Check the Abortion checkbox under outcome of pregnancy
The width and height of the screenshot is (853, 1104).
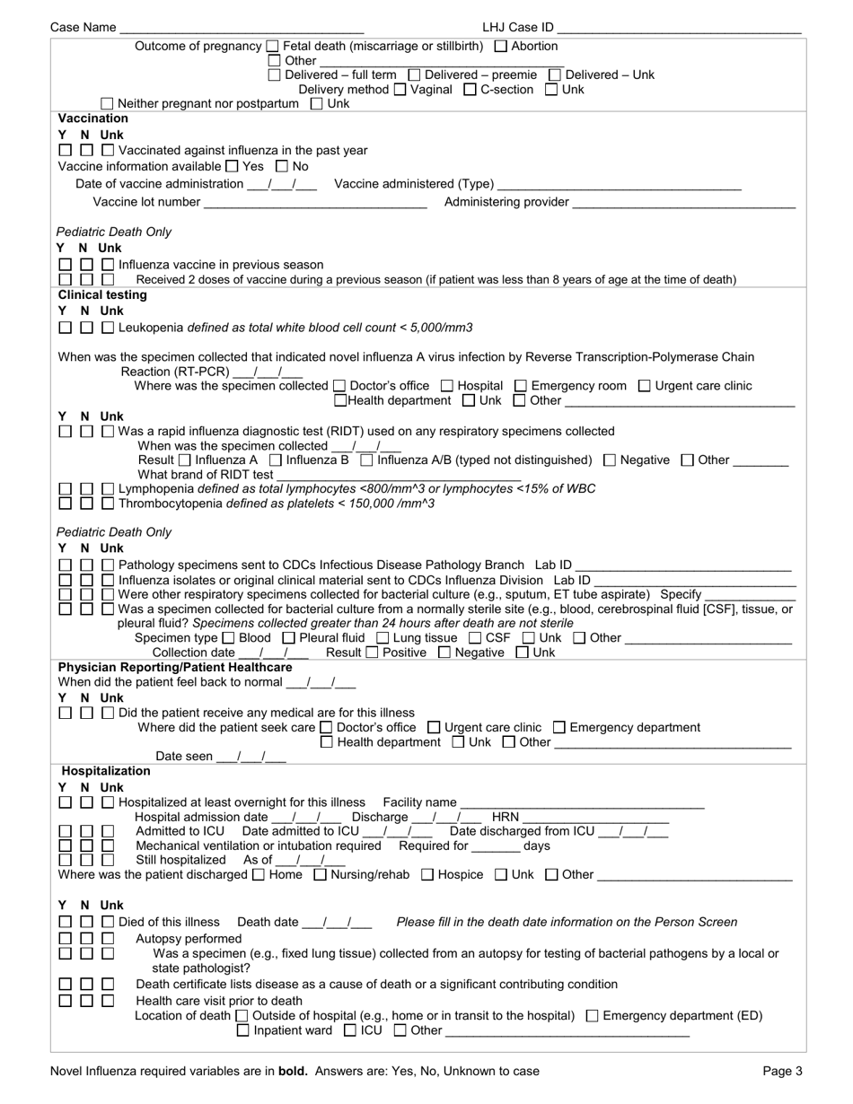(501, 47)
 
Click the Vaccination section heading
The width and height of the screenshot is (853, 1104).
(93, 118)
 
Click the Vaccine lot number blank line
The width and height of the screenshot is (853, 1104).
(315, 203)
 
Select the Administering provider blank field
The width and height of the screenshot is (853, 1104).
(683, 203)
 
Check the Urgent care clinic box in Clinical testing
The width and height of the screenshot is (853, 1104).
(644, 386)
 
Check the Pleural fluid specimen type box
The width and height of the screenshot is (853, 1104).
(288, 638)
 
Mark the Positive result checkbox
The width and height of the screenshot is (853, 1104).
(374, 653)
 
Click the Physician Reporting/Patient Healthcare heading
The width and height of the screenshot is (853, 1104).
(175, 668)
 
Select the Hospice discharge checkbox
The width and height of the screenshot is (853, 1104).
(427, 874)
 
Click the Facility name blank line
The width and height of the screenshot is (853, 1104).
(581, 802)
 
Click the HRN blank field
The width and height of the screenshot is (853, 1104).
(596, 818)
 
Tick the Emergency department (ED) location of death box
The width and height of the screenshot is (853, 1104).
(592, 1016)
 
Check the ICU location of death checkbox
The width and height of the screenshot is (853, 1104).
(350, 1030)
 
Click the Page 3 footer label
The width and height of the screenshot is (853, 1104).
(782, 1071)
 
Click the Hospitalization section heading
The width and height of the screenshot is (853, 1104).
(106, 771)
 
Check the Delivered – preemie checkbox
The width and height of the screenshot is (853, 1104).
(415, 75)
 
